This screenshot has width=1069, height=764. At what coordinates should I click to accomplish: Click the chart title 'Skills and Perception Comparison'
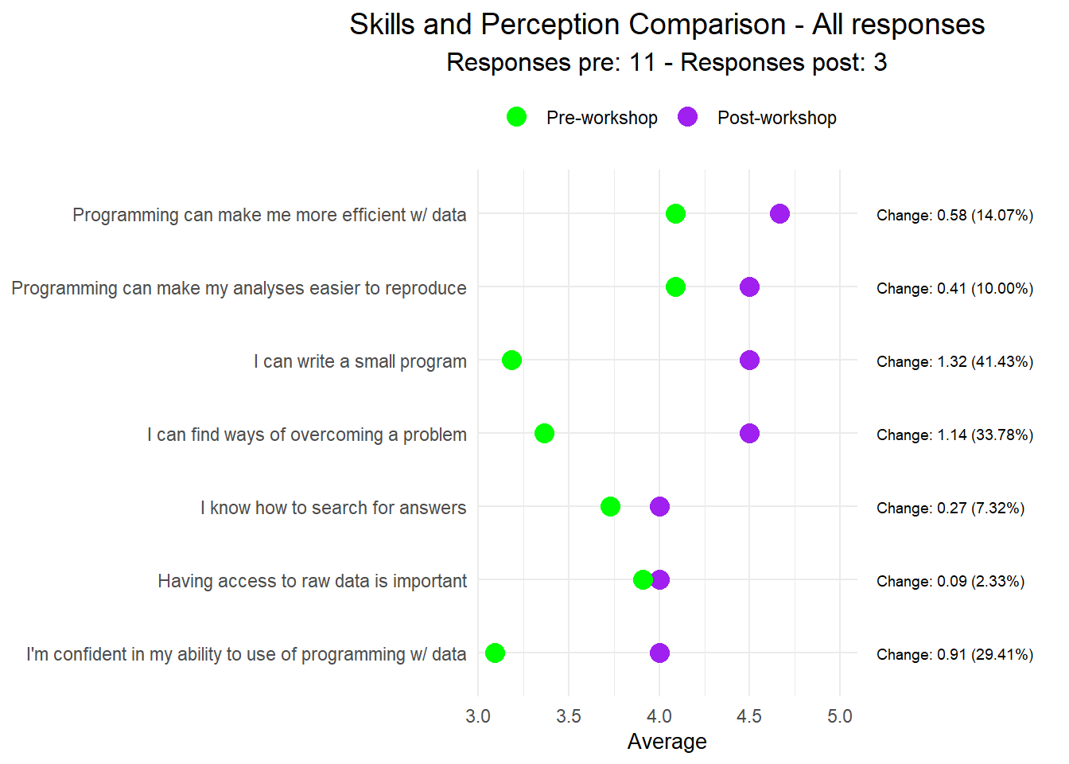click(x=667, y=25)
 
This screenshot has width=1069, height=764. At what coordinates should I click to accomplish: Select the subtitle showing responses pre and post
click(x=667, y=62)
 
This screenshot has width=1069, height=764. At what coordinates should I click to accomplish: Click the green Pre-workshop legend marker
click(x=516, y=117)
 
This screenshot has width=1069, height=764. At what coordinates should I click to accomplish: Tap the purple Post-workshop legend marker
click(x=687, y=117)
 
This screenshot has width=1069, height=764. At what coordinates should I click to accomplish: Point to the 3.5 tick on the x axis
click(x=568, y=716)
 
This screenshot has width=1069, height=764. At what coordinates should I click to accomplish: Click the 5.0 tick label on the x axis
click(x=839, y=716)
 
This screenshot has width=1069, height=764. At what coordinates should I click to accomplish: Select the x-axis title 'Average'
click(x=667, y=742)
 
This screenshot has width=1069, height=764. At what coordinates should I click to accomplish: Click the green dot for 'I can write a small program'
click(x=511, y=361)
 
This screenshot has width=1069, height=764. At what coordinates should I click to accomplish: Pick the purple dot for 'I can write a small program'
click(x=749, y=361)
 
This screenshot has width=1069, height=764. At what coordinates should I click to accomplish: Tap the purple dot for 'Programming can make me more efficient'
click(x=779, y=214)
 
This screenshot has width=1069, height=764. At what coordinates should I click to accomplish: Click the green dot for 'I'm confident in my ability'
click(x=495, y=653)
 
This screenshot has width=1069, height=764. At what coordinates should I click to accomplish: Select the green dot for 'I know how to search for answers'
click(x=610, y=507)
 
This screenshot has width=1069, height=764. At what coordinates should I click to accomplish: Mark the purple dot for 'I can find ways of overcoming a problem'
click(x=749, y=434)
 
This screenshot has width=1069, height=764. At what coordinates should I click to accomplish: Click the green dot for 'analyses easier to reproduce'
click(x=675, y=287)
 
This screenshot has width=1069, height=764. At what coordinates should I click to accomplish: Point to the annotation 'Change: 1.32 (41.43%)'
click(x=954, y=361)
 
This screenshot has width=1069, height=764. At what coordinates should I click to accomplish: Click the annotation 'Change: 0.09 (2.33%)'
click(x=950, y=581)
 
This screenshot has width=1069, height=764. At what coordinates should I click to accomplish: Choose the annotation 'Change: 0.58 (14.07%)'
click(x=954, y=215)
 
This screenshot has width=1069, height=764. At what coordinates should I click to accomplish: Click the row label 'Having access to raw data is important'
click(x=312, y=581)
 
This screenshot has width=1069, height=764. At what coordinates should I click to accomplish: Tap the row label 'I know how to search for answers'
click(x=333, y=508)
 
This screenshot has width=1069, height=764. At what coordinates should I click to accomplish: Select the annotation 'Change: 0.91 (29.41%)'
click(x=954, y=654)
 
